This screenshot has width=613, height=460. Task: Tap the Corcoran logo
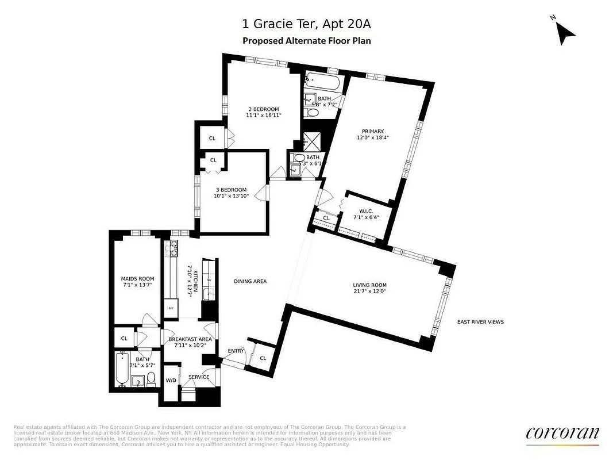(562, 434)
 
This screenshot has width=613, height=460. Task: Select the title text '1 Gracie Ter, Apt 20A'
(306, 24)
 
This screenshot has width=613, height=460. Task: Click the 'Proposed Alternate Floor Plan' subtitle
(306, 40)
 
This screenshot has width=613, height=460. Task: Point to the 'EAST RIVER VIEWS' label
(480, 322)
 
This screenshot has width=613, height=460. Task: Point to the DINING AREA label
(250, 281)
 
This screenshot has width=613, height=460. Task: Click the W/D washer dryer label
(171, 380)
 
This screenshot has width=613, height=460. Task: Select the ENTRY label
(236, 351)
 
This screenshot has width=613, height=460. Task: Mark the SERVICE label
(199, 377)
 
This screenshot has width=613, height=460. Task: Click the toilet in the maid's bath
(151, 378)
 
